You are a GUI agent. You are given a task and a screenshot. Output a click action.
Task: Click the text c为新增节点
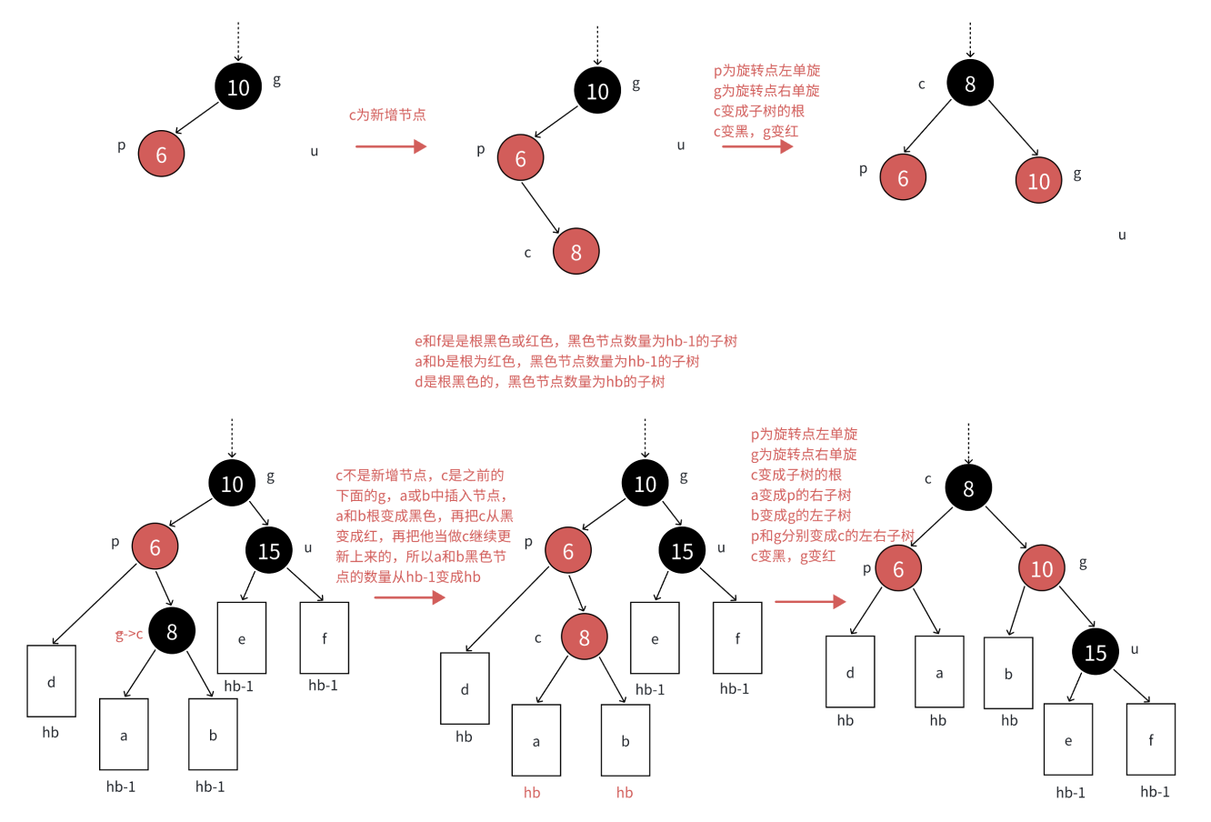[387, 115]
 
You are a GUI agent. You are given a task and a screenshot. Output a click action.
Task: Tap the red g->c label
[129, 635]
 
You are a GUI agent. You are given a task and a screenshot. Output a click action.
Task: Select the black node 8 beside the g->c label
[172, 630]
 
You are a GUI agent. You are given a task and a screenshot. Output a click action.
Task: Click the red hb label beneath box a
[532, 793]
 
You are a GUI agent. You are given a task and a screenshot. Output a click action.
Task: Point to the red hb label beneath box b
[625, 793]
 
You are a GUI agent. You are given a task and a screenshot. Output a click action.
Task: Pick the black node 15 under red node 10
[1095, 652]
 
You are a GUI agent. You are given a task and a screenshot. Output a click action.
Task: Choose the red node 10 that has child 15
[1041, 569]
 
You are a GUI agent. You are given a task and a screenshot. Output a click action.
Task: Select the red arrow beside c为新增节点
[391, 146]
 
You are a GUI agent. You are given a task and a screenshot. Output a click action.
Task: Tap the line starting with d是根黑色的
[540, 382]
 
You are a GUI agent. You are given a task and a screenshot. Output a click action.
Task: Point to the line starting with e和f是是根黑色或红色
[575, 342]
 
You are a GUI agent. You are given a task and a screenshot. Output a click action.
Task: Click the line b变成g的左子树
[801, 516]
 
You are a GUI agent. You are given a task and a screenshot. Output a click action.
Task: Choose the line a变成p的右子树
[801, 496]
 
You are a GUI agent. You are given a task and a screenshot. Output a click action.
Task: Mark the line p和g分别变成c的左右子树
[832, 536]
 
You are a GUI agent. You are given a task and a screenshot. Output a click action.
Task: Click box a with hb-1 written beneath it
[124, 735]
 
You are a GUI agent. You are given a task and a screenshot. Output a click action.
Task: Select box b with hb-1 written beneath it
[213, 735]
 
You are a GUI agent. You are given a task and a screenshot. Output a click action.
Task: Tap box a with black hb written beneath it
[939, 673]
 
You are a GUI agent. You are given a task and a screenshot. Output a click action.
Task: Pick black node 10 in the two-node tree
[238, 86]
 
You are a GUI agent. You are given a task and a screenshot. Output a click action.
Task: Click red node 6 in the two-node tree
[161, 154]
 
